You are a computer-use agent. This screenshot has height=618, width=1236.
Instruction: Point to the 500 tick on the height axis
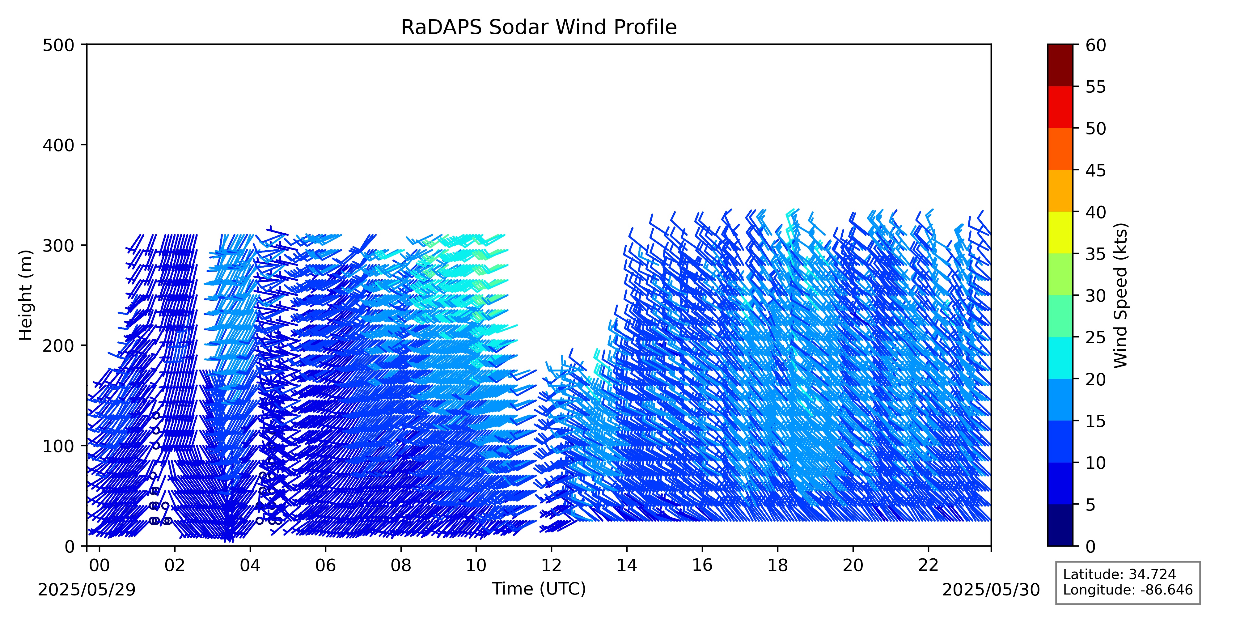pyautogui.click(x=84, y=44)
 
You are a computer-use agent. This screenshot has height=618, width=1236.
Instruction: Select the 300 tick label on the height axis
pyautogui.click(x=58, y=245)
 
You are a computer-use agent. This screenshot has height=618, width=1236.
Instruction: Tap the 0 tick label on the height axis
pyautogui.click(x=70, y=546)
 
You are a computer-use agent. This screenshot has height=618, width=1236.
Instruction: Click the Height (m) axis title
pyautogui.click(x=26, y=295)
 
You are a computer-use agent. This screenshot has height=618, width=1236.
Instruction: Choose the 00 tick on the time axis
pyautogui.click(x=99, y=549)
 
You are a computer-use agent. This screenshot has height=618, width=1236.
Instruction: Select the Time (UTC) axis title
pyautogui.click(x=538, y=589)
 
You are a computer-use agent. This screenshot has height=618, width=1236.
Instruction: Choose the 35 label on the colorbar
pyautogui.click(x=1096, y=254)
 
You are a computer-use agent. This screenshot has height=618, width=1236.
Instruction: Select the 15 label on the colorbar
pyautogui.click(x=1096, y=421)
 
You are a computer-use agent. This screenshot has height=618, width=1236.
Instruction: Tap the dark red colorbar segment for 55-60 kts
pyautogui.click(x=1060, y=65)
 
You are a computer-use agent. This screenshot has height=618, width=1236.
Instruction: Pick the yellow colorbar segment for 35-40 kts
pyautogui.click(x=1060, y=233)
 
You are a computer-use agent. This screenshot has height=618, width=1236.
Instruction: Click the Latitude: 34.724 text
pyautogui.click(x=1120, y=574)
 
